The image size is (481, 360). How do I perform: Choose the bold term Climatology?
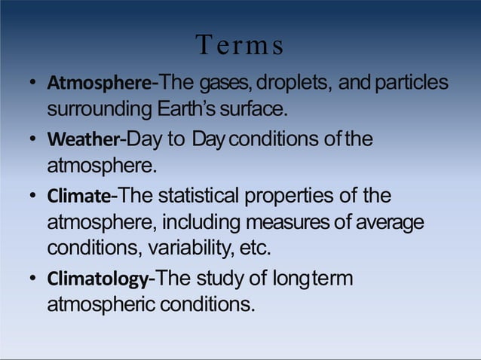click(98, 279)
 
